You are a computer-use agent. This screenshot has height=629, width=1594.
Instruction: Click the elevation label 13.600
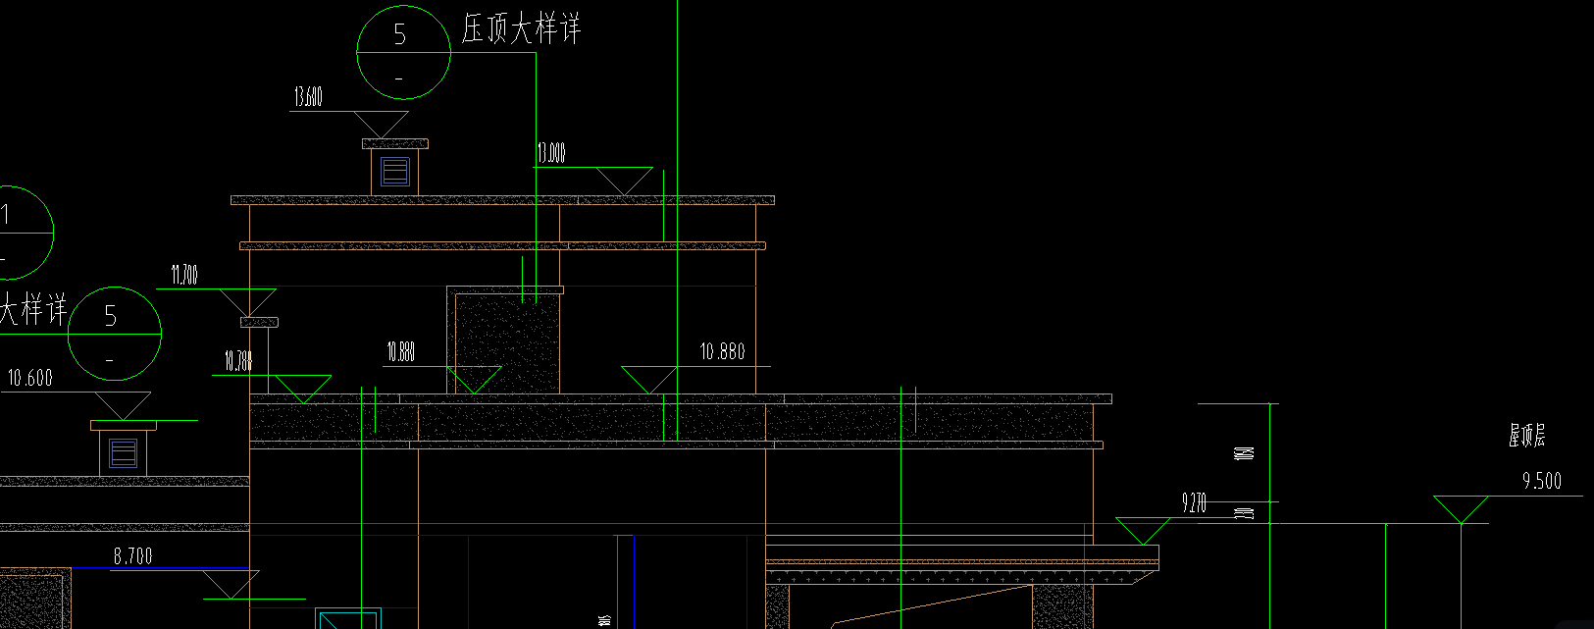click(x=308, y=97)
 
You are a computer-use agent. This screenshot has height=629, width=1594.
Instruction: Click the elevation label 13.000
click(x=550, y=153)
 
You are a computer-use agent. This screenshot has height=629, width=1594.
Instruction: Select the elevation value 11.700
click(x=184, y=276)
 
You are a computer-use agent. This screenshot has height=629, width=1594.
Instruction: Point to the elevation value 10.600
click(x=30, y=379)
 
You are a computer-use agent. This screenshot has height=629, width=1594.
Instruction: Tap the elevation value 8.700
click(x=132, y=556)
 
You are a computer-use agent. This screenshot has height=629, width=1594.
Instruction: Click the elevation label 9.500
click(x=1541, y=481)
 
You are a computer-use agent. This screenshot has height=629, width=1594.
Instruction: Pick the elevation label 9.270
click(x=1194, y=503)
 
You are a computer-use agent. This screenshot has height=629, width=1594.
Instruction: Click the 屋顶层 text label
click(x=1526, y=437)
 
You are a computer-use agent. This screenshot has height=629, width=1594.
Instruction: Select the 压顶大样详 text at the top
click(x=521, y=29)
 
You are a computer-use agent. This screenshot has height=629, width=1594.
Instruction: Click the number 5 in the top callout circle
click(x=400, y=34)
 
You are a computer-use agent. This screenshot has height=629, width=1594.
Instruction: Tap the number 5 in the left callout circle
click(x=111, y=316)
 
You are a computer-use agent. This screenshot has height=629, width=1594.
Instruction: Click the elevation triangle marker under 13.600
click(x=381, y=124)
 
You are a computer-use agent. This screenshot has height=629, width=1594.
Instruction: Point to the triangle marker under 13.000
click(x=624, y=180)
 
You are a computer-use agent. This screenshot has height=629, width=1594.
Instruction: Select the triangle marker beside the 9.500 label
click(x=1461, y=508)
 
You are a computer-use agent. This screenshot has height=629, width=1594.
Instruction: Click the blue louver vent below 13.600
click(x=395, y=173)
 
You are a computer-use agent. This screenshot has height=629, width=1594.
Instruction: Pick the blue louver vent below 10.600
click(x=123, y=453)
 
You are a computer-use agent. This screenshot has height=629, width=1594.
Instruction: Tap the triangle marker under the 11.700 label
click(x=247, y=300)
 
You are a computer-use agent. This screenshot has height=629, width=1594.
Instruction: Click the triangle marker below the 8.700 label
click(x=231, y=584)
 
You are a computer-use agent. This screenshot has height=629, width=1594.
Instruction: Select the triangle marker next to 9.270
click(x=1143, y=530)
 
